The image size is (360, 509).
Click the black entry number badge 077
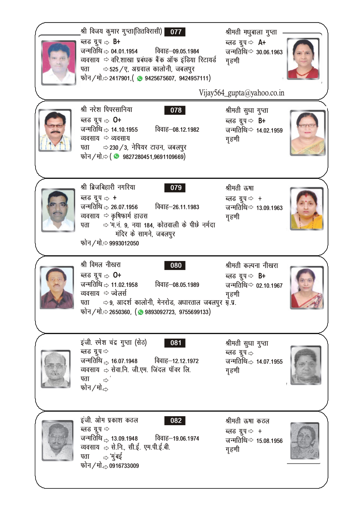coord(175,32)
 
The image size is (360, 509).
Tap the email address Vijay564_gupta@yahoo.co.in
coord(241,93)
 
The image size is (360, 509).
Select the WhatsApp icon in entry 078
coord(117,156)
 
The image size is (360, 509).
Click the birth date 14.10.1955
coord(124,130)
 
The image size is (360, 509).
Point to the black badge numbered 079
coord(175,188)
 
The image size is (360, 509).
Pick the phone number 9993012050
coord(124,243)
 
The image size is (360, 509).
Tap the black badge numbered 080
coord(175,265)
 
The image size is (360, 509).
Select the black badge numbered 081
coord(175,343)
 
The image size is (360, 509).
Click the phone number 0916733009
coord(124,466)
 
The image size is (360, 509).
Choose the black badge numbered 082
coord(175,421)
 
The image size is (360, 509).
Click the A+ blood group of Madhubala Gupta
coord(262,43)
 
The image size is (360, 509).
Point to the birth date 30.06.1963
coord(269,52)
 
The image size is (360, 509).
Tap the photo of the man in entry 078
coord(55,130)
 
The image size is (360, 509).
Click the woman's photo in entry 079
coord(307,209)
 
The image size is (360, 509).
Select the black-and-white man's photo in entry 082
coord(57,440)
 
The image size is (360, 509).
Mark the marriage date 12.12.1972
coord(185,361)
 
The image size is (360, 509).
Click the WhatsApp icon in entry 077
coord(140,78)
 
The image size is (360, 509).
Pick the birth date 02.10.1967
coord(269,286)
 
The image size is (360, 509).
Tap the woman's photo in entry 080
coord(307,288)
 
